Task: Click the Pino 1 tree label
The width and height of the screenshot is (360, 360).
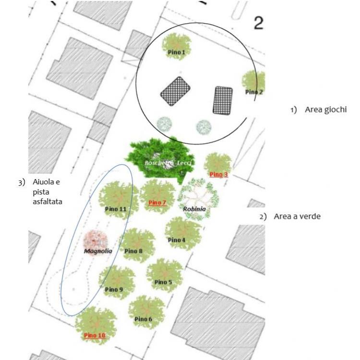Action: click(x=176, y=52)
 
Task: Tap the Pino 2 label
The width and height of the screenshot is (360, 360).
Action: click(x=254, y=92)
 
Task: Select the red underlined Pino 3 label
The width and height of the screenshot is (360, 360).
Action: click(x=218, y=175)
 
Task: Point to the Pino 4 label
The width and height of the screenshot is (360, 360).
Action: click(x=177, y=240)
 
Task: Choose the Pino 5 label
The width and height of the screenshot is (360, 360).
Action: click(x=163, y=282)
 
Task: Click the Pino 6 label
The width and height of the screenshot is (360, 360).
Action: click(x=143, y=319)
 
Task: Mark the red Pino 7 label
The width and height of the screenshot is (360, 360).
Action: click(x=157, y=203)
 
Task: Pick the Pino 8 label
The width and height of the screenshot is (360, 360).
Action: click(x=133, y=251)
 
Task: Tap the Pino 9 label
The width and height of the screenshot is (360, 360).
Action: click(x=114, y=289)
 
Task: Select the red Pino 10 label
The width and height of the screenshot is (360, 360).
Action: click(x=95, y=336)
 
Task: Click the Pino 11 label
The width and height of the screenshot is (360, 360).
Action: click(x=116, y=209)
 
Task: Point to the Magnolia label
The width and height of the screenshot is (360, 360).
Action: click(x=98, y=251)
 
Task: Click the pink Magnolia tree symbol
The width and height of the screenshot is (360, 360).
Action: click(x=96, y=241)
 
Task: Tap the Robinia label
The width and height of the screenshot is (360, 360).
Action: click(x=194, y=209)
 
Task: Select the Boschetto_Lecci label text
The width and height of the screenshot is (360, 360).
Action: click(x=168, y=163)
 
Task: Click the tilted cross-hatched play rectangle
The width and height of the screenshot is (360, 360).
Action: click(x=175, y=91)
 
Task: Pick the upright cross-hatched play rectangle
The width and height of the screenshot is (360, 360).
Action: click(x=223, y=100)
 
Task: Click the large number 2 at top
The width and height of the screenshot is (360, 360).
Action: click(x=259, y=23)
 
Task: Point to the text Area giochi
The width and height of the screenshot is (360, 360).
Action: click(x=325, y=110)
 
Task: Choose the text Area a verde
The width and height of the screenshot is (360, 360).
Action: click(x=297, y=216)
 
